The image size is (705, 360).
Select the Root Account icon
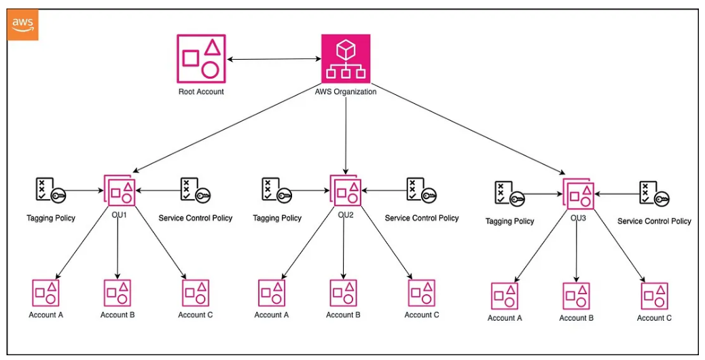[x=201, y=59]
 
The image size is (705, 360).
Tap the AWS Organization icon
[x=345, y=59]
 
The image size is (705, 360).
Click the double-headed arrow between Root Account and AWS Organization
[x=274, y=60]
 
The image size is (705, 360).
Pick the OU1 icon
[x=120, y=190]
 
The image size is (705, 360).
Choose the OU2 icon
[x=345, y=190]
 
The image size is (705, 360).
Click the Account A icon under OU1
[x=46, y=293]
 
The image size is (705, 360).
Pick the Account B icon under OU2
[x=344, y=293]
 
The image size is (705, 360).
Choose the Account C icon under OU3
[x=654, y=296]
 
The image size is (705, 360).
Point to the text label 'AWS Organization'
[x=345, y=92]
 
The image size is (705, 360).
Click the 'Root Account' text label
[x=201, y=92]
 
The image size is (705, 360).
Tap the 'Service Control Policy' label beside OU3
[x=654, y=221]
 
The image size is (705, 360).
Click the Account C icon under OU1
[x=196, y=293]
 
